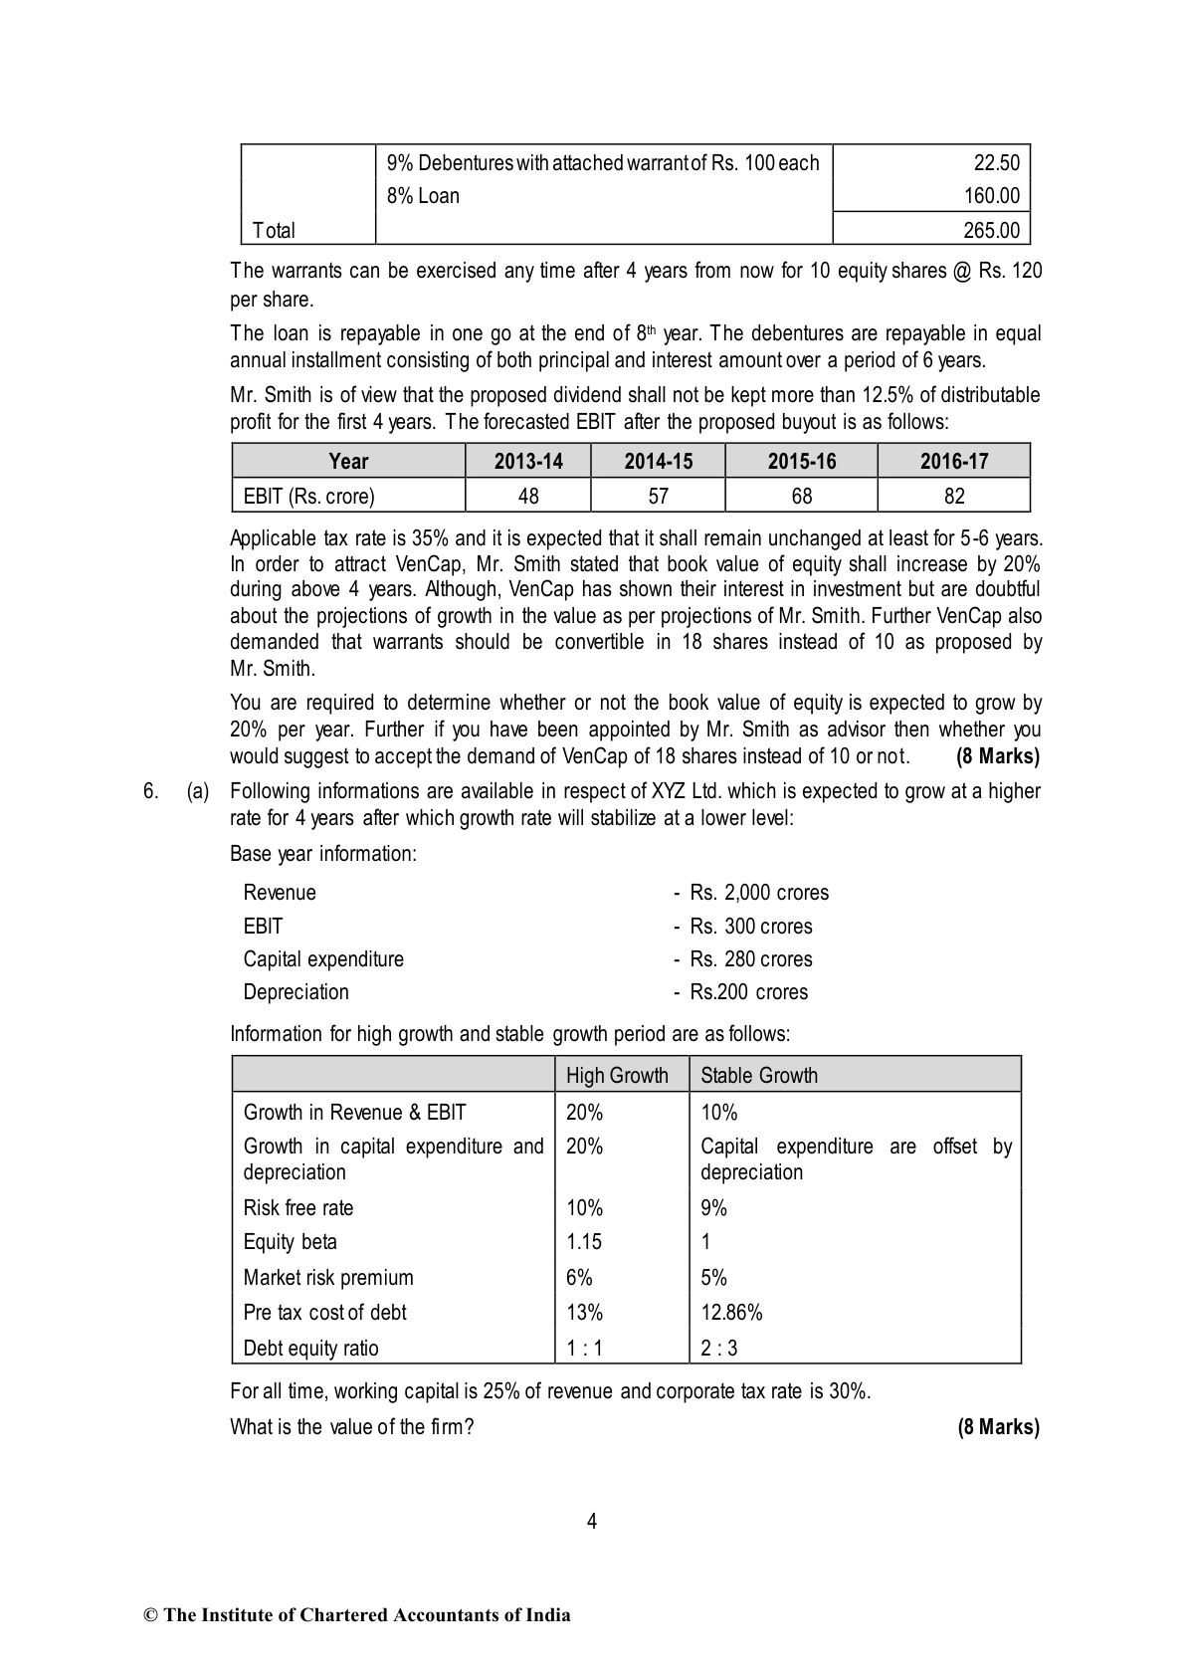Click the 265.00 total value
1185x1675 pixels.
coord(991,231)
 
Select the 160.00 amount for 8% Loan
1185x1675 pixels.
coord(992,196)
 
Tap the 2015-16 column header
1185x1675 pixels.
coord(801,462)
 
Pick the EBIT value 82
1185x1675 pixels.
coord(953,496)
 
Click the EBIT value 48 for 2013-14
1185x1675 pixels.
coord(528,496)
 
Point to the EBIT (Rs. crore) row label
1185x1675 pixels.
coord(309,496)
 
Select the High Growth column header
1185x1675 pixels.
coord(617,1076)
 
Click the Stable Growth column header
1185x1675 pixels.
coord(759,1076)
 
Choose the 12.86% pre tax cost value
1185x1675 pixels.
coord(731,1313)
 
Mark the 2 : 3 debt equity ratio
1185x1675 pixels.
coord(719,1349)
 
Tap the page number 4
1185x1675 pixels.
coord(592,1522)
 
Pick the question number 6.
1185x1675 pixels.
coord(150,792)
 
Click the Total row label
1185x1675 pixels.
coord(274,231)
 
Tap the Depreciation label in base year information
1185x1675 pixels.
coord(296,992)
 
